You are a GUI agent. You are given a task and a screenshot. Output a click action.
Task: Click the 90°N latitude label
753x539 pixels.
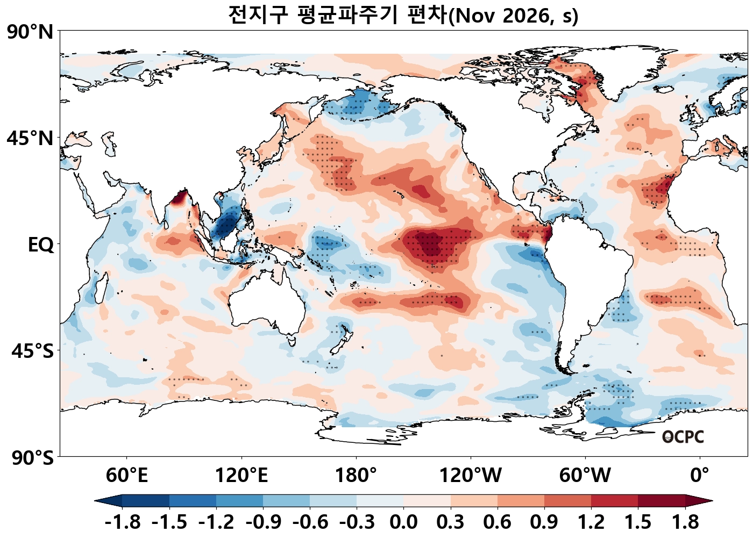[30, 33]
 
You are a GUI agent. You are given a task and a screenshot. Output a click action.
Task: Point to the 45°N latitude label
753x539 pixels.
[30, 138]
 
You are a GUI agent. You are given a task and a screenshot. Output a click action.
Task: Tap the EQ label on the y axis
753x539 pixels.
[41, 245]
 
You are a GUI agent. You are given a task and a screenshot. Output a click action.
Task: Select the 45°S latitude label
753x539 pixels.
[33, 351]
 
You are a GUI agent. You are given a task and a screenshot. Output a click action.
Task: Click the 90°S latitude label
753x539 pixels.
[33, 457]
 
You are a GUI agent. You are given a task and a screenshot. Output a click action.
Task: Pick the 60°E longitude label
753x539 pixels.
[127, 476]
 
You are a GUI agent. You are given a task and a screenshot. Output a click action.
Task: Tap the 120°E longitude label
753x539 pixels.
[241, 476]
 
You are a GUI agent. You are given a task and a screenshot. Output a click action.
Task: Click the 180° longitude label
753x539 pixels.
[356, 476]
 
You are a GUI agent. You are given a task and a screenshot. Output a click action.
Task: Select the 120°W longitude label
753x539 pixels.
[471, 476]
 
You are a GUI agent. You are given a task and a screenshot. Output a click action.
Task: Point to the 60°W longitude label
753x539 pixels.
[585, 476]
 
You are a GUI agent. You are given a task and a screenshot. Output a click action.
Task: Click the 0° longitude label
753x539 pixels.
[700, 476]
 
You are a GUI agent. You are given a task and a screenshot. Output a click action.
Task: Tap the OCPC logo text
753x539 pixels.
[683, 437]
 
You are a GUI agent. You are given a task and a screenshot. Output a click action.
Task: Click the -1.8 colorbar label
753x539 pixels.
[123, 522]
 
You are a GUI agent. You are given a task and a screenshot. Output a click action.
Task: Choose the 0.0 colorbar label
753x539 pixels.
[403, 522]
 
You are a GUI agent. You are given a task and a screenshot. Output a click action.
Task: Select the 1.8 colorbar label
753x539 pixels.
[685, 522]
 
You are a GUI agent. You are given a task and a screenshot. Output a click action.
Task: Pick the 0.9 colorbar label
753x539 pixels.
[544, 522]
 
